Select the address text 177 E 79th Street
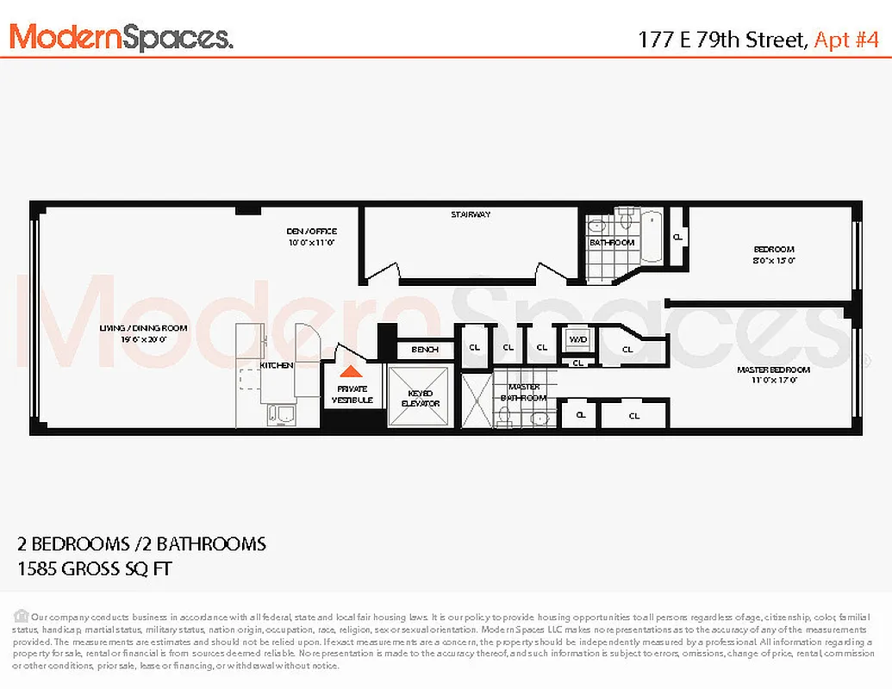[720, 39]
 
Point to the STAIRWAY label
[471, 214]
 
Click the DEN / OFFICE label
[311, 231]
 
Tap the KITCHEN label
[278, 365]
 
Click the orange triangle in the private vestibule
[349, 372]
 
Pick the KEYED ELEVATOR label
[420, 398]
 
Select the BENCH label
[425, 350]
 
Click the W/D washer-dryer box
[577, 339]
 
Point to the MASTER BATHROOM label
[524, 393]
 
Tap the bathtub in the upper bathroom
[652, 237]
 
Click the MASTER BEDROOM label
[773, 369]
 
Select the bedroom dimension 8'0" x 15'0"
[773, 259]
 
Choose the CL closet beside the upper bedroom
[677, 237]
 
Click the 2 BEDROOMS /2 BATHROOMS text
[141, 544]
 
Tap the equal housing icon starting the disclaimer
[21, 616]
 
